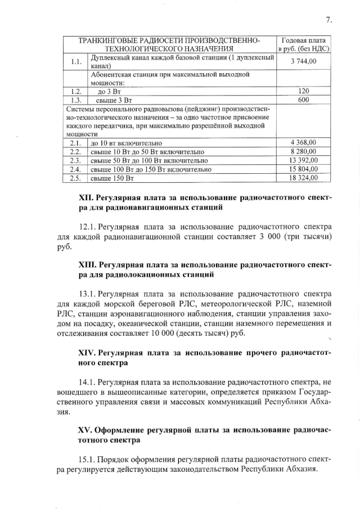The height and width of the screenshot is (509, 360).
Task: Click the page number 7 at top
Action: point(327,20)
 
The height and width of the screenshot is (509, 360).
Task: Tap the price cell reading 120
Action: point(304,91)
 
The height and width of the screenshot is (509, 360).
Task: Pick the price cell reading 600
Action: point(304,100)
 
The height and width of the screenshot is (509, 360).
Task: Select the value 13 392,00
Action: point(304,160)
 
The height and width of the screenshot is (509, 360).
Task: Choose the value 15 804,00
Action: point(304,169)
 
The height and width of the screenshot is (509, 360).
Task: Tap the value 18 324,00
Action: point(304,178)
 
